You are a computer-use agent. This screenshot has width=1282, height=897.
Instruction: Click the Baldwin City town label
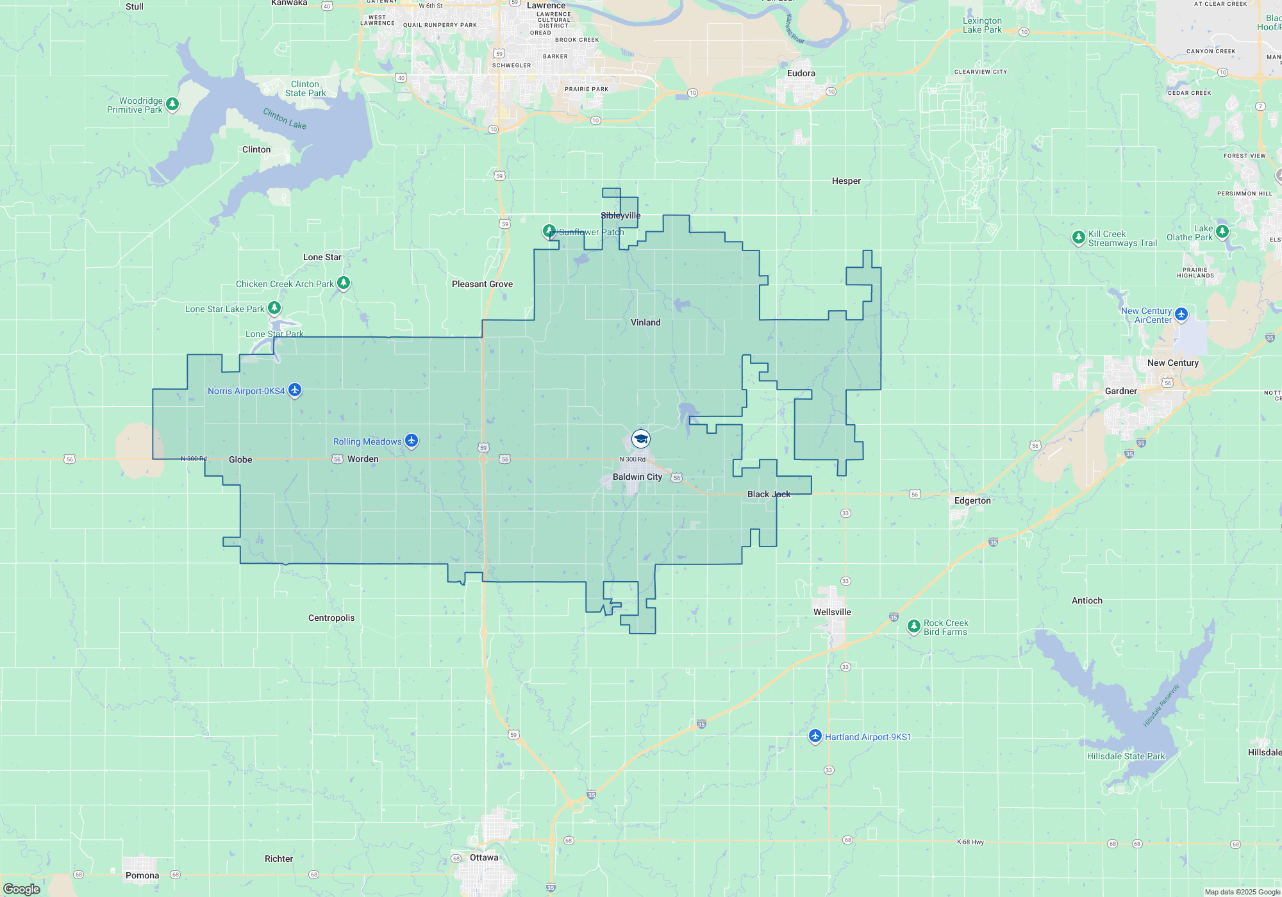(637, 477)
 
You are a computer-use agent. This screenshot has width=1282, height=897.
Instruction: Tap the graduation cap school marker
(641, 439)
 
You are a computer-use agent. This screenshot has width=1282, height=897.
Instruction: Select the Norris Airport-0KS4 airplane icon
(295, 390)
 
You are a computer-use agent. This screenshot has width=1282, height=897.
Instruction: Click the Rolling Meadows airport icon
(412, 440)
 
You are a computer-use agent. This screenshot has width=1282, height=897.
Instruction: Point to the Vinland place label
(645, 322)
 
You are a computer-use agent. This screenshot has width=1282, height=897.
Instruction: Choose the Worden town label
(363, 459)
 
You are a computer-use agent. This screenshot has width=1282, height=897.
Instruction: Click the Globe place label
(240, 459)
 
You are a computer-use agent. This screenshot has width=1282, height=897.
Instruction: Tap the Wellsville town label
(832, 612)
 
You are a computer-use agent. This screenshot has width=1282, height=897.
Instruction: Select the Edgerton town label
(972, 500)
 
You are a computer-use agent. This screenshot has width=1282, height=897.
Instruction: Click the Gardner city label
(1121, 391)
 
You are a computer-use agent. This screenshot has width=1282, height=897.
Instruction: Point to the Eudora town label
(801, 73)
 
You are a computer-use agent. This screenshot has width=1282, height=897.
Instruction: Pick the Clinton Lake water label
(285, 119)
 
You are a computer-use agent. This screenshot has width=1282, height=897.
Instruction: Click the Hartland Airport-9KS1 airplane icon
(815, 736)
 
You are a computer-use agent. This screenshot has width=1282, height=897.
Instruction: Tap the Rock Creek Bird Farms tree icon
(914, 626)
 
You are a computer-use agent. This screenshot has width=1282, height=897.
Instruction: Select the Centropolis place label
(331, 618)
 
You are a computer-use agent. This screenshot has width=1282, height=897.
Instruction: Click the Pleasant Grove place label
(482, 284)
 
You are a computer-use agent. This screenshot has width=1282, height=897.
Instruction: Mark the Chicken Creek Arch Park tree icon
(344, 282)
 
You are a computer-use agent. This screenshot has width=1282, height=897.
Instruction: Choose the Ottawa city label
(484, 857)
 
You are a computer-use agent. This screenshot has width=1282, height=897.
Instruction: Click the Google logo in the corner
(22, 889)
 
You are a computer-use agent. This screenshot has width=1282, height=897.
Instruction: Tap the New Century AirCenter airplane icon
(1181, 314)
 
